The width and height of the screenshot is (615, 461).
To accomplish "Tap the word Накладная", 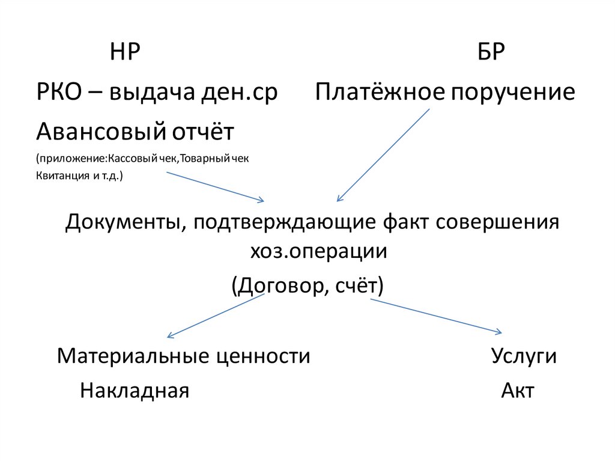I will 135,391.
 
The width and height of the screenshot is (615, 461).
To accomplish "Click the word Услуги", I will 524,356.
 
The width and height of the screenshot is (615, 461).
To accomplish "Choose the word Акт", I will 517,391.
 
